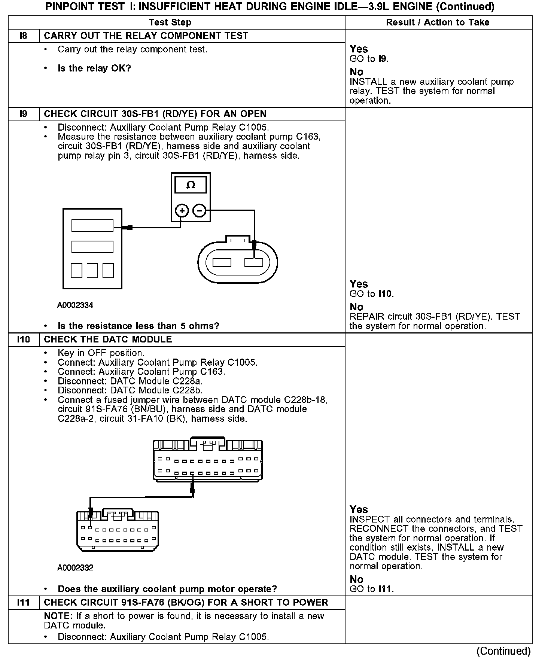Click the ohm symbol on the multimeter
pyautogui.click(x=191, y=185)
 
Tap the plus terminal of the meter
pyautogui.click(x=182, y=211)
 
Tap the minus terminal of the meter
pyautogui.click(x=199, y=211)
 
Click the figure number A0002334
pyautogui.click(x=75, y=305)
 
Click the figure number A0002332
pyautogui.click(x=75, y=568)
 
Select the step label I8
pyautogui.click(x=23, y=36)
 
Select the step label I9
pyautogui.click(x=23, y=114)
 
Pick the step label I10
pyautogui.click(x=23, y=339)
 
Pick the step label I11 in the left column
pyautogui.click(x=23, y=603)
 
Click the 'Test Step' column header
pyautogui.click(x=170, y=22)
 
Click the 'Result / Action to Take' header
pyautogui.click(x=438, y=22)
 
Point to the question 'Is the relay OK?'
pyautogui.click(x=94, y=68)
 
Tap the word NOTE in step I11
pyautogui.click(x=58, y=616)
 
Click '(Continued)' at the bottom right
pyautogui.click(x=503, y=651)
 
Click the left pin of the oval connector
pyautogui.click(x=222, y=263)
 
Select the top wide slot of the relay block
pyautogui.click(x=92, y=225)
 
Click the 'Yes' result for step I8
pyautogui.click(x=359, y=49)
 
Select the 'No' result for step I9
pyautogui.click(x=356, y=307)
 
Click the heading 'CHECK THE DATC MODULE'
pyautogui.click(x=108, y=339)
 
